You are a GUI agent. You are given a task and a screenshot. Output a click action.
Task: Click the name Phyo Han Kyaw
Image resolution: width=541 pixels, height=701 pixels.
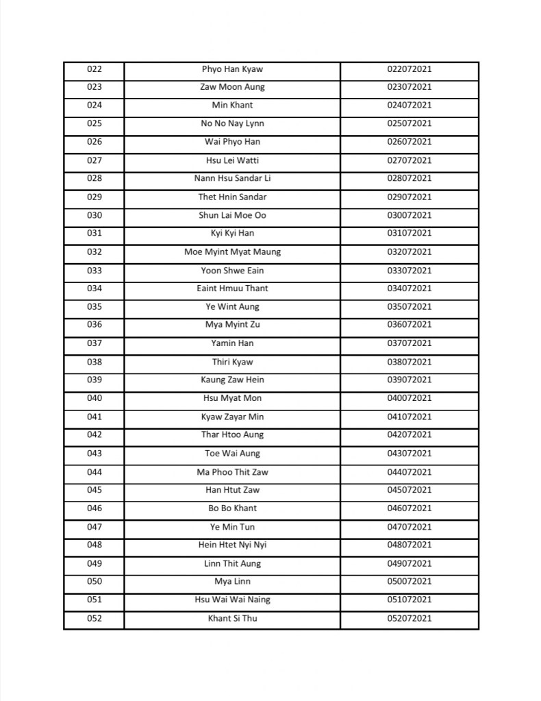(232, 69)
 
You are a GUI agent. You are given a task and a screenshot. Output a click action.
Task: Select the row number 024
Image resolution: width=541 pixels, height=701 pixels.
(95, 106)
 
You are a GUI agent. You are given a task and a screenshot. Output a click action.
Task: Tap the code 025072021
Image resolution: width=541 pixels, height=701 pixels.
(409, 124)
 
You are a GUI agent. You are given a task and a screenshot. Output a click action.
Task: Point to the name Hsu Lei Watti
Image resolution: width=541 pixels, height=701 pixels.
(232, 160)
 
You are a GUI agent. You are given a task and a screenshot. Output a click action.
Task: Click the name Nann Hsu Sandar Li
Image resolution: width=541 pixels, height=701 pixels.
(232, 179)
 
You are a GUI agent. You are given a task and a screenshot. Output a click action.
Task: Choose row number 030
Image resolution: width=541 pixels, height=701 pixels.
(95, 215)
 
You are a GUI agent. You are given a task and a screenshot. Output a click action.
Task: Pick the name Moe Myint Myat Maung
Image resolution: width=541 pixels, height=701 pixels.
(232, 252)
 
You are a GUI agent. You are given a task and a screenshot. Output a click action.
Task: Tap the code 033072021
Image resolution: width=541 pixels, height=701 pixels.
(409, 271)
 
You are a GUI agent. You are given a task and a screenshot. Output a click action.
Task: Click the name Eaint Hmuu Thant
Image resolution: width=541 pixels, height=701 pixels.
(232, 288)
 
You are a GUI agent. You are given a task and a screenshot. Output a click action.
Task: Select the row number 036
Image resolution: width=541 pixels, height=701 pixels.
(95, 325)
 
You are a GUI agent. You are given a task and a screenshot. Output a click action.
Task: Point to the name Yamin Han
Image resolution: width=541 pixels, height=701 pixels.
(232, 343)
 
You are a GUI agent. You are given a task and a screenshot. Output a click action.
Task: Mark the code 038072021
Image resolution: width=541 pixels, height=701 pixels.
(409, 362)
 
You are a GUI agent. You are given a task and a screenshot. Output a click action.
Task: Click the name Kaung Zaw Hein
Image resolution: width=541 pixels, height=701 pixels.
(232, 380)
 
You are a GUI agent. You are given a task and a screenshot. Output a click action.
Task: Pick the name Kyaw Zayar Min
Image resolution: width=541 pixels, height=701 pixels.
(232, 417)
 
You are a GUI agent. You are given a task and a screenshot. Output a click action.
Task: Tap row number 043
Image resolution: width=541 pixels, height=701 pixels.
(95, 453)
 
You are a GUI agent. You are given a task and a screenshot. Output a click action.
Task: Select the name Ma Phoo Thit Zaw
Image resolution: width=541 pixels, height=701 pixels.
(232, 472)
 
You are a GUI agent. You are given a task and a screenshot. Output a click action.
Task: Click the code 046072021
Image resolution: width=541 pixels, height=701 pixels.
(409, 508)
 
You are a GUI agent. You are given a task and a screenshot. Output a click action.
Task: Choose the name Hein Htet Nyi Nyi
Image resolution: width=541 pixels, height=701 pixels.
(232, 545)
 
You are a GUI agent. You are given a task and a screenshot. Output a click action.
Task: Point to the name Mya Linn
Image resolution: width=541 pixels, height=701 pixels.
(232, 582)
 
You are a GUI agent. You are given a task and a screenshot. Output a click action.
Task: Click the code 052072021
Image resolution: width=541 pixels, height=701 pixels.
(409, 619)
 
